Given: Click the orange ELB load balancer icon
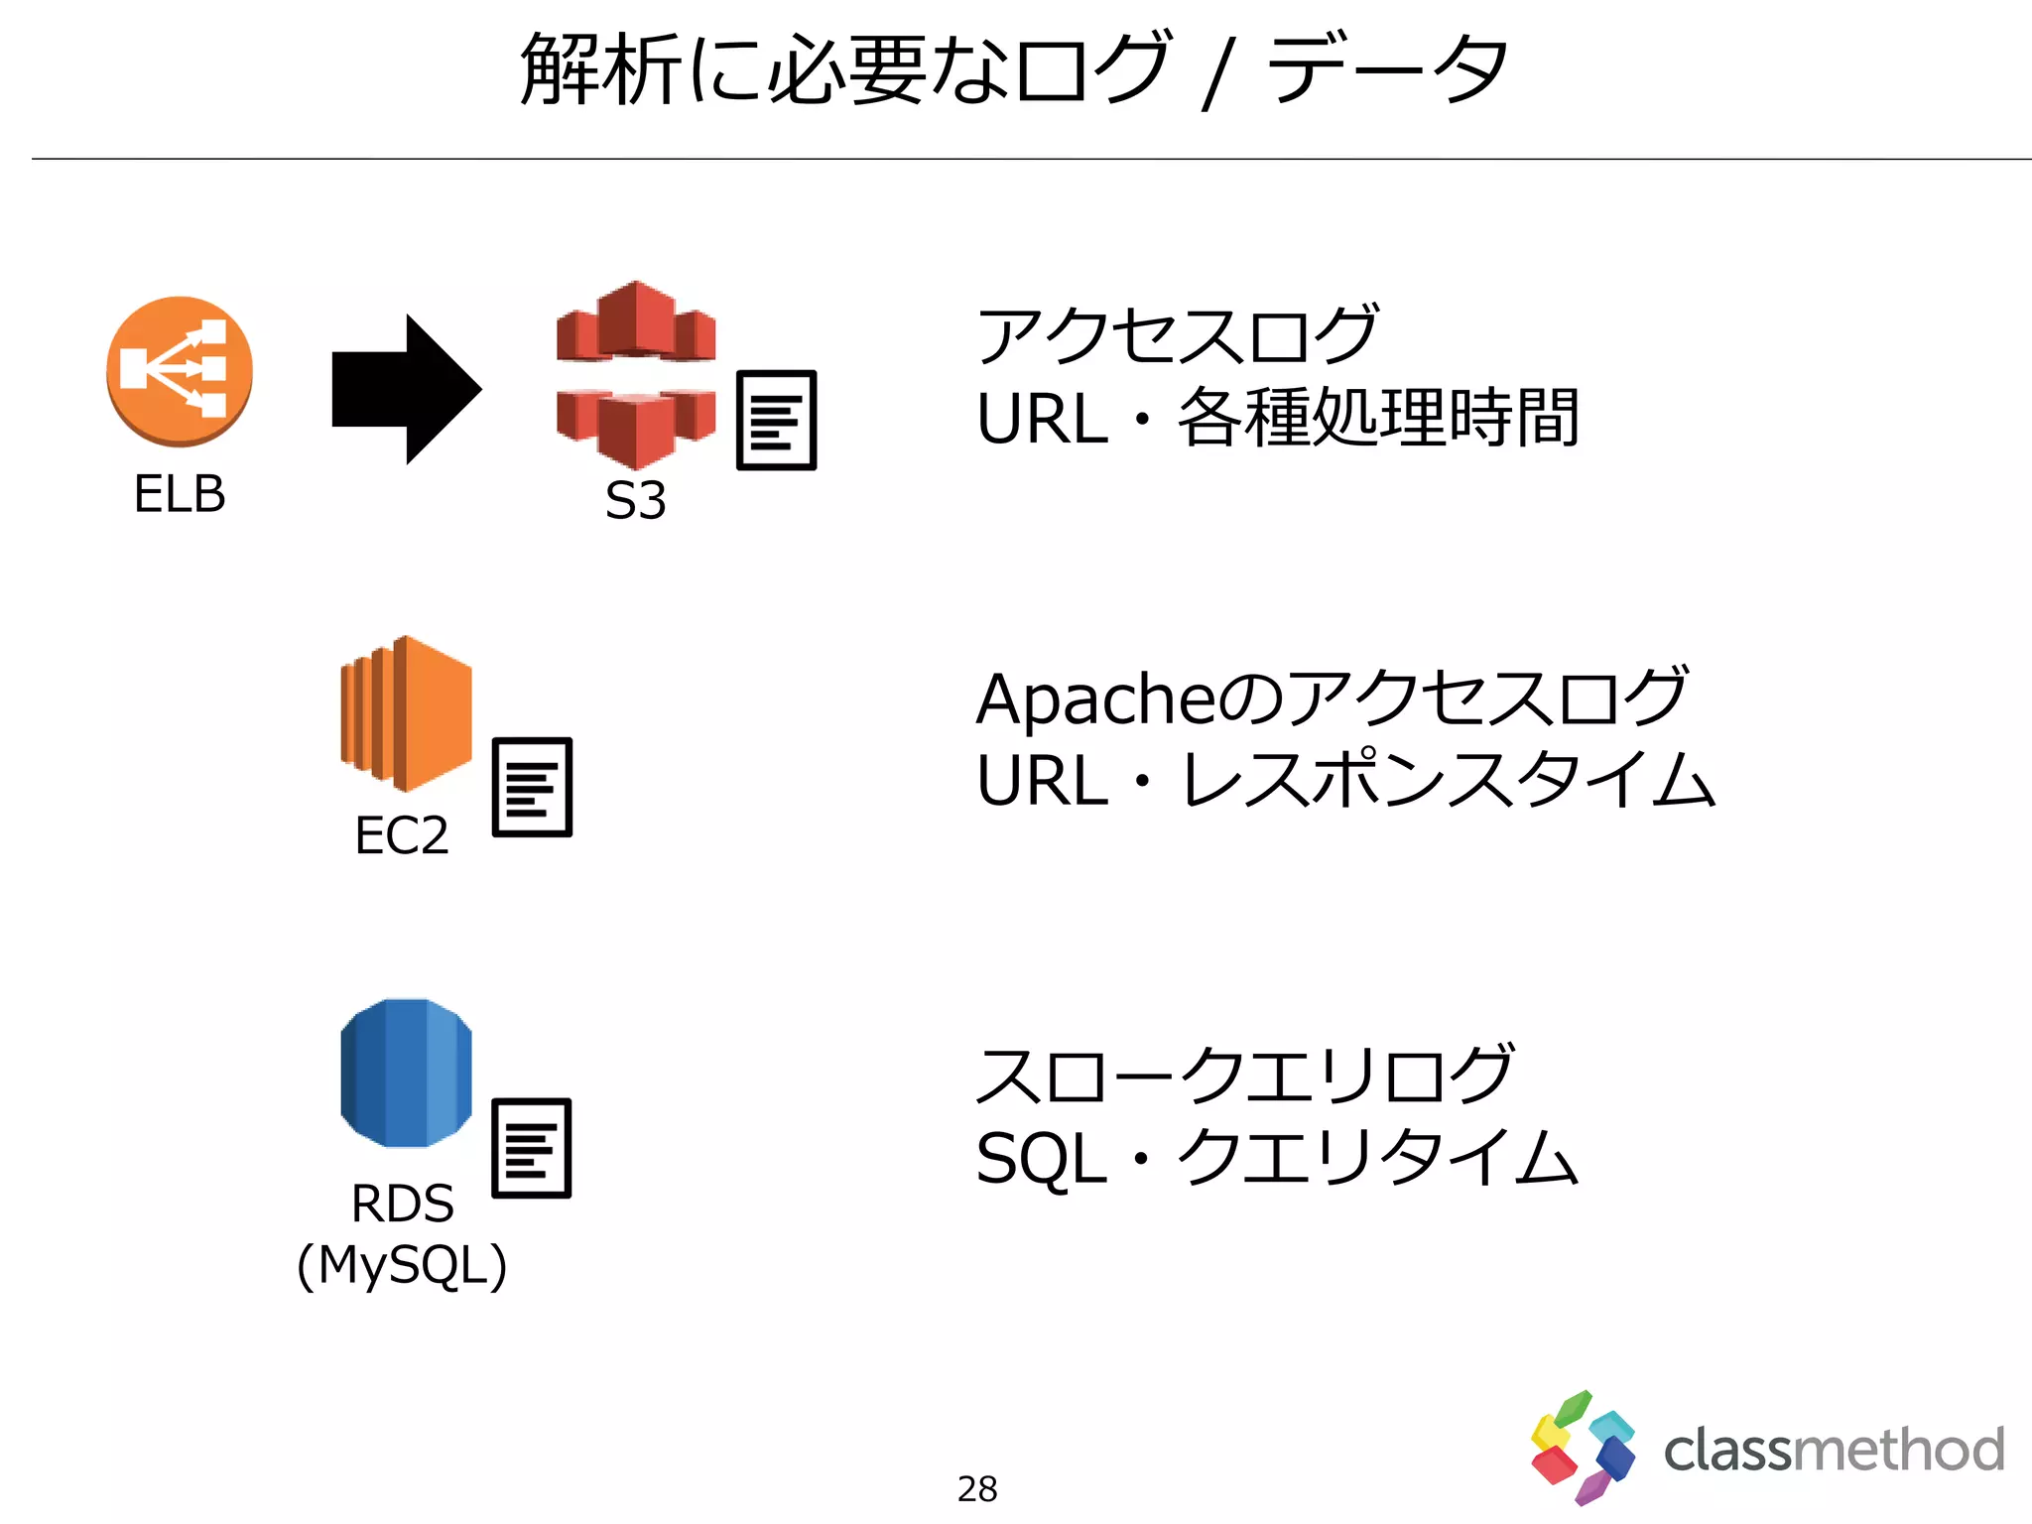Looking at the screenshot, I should tap(180, 371).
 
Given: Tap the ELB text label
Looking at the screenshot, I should tap(180, 494).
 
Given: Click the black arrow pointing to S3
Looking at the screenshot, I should tap(406, 389).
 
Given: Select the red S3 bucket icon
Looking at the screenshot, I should tap(636, 375).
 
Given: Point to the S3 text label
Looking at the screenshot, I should tap(636, 500).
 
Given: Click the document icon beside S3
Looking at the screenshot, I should tap(776, 420).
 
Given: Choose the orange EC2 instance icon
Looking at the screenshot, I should tap(406, 713).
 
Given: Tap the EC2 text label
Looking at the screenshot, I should tap(402, 835).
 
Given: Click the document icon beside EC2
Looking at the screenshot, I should tap(532, 787).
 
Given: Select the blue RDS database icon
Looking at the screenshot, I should tap(406, 1074).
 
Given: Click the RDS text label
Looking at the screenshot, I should tap(402, 1204).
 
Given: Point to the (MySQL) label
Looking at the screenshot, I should tap(402, 1266).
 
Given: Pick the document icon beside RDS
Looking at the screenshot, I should tap(532, 1148).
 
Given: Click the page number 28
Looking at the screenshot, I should tap(977, 1489).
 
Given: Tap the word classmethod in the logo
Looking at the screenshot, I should tap(1834, 1451).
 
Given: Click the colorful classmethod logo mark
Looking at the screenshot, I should tap(1582, 1448).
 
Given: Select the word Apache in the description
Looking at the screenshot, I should tap(1094, 699).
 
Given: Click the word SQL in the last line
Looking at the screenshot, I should tap(1041, 1159).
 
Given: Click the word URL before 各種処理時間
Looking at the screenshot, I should tap(1042, 419).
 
